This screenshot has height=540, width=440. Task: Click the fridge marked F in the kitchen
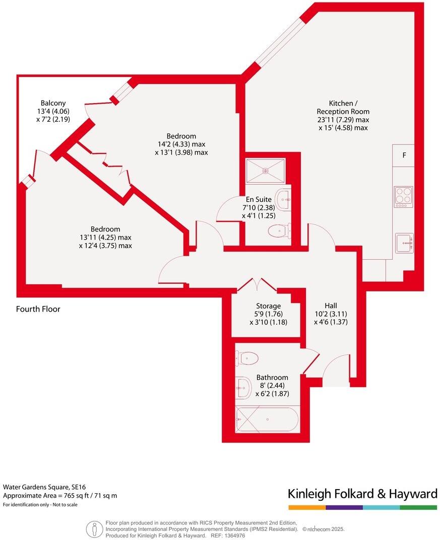(x=404, y=156)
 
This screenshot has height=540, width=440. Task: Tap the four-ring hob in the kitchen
(x=403, y=197)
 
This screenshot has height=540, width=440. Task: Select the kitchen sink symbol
(x=404, y=243)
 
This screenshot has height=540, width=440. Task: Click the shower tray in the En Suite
(x=265, y=170)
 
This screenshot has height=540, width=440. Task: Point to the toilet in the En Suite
(x=279, y=231)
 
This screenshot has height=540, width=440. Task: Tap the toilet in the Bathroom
(x=247, y=358)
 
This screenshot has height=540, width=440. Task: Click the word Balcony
(x=53, y=103)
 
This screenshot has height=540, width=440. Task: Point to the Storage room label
(x=268, y=306)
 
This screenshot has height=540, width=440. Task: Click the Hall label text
(x=331, y=305)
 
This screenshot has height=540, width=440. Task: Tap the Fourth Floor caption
(x=38, y=309)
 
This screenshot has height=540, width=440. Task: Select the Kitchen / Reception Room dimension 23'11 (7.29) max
(x=343, y=120)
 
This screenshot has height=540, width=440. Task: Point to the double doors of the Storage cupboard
(x=257, y=285)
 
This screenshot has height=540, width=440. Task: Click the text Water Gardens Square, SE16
(x=44, y=487)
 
